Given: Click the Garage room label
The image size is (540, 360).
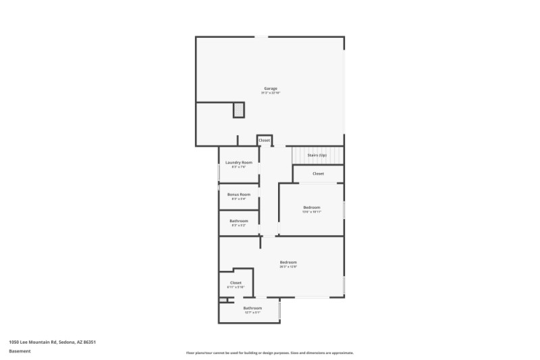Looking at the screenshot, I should point(270,88).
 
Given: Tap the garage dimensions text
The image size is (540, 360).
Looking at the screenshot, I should point(270,93).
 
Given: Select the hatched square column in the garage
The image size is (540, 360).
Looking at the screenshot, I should point(238,109).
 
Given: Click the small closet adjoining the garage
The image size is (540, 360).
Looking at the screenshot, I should point(264,140).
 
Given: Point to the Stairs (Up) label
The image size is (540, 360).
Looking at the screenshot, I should point(317,155).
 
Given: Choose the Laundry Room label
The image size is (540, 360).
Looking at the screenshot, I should point(239,162).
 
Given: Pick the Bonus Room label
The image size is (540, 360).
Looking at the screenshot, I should point(239,195).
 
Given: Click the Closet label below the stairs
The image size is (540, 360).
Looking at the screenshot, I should point(318,174).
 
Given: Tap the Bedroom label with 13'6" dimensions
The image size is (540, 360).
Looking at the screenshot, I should point(311,207).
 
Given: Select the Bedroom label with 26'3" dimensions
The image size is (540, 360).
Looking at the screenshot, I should point(288,262).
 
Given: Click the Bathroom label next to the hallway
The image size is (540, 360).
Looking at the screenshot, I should point(239,221).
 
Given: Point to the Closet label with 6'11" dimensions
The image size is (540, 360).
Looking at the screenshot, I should point(236,283).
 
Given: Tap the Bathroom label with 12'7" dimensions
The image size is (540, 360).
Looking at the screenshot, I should point(252,308).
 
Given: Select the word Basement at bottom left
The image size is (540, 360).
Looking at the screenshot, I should point(20,351).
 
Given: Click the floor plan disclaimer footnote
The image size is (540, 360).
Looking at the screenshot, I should point(269,353).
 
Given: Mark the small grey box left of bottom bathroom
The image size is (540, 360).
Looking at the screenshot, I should point(222,300).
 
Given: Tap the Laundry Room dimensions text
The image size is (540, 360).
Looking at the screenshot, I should point(239,167).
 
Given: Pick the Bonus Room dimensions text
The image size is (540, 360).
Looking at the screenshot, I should point(239,199).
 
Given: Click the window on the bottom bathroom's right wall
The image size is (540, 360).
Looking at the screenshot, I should point(279,310).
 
